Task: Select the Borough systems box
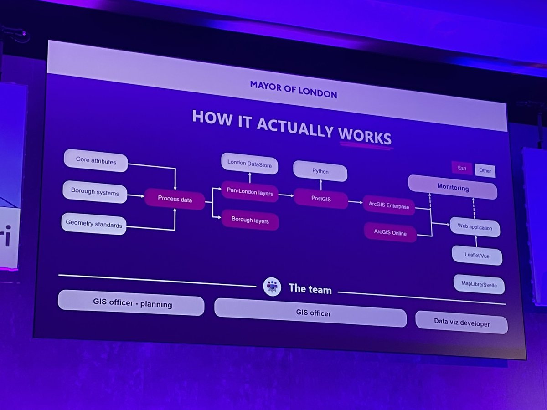(x=95, y=192)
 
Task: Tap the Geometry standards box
(x=93, y=224)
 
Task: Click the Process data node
(x=175, y=199)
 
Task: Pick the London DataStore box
(x=249, y=165)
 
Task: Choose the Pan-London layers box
(x=249, y=193)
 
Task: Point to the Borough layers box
(x=250, y=221)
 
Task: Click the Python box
(x=320, y=172)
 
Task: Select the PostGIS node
(x=320, y=199)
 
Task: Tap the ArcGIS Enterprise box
(x=389, y=206)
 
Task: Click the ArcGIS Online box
(x=390, y=233)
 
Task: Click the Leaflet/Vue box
(x=477, y=256)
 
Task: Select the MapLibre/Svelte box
(x=479, y=285)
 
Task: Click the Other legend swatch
(x=485, y=171)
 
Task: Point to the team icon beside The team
(x=272, y=287)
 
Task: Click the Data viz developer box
(x=461, y=323)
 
